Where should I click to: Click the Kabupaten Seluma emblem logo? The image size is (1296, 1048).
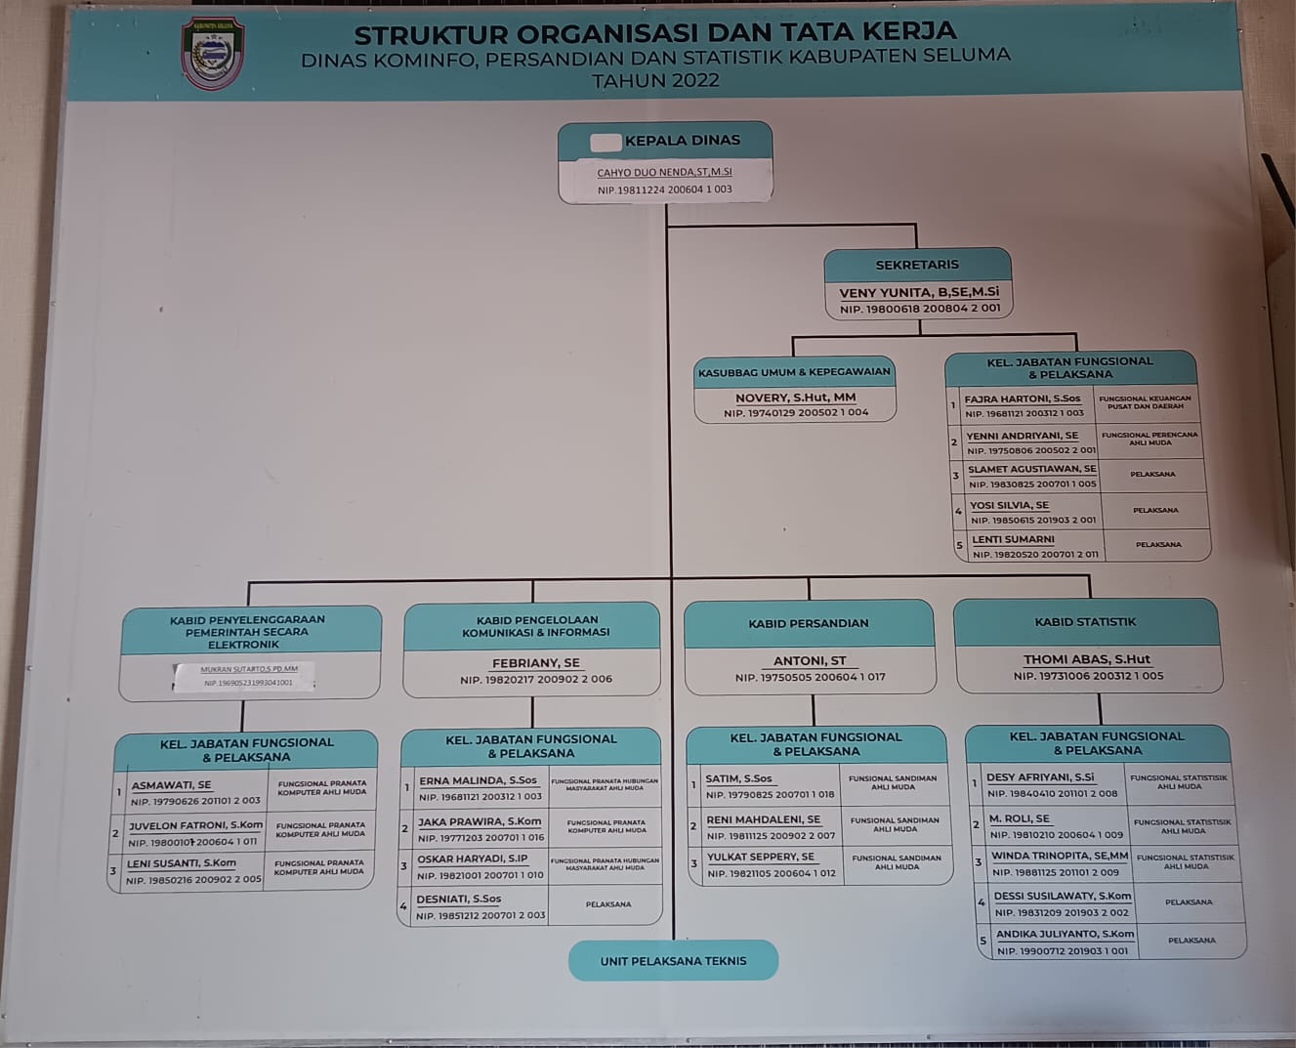click(212, 53)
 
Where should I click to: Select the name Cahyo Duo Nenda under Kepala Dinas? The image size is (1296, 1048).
click(664, 172)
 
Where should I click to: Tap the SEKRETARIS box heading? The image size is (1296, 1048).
click(916, 265)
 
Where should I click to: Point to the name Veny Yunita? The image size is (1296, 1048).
click(918, 292)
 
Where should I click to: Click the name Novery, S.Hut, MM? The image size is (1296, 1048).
click(795, 398)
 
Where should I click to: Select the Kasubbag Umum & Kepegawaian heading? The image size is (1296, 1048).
click(794, 372)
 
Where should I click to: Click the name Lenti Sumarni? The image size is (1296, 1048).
click(1013, 539)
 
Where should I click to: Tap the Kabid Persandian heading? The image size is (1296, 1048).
click(808, 623)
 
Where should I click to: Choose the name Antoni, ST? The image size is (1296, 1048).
click(810, 660)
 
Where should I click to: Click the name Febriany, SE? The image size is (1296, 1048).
click(535, 662)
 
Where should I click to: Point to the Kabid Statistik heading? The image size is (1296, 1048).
click(1085, 622)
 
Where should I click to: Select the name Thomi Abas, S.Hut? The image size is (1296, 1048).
click(1086, 659)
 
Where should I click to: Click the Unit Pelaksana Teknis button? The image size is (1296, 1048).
click(673, 961)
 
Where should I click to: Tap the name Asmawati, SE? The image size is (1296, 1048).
click(171, 784)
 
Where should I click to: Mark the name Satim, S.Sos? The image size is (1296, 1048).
click(738, 778)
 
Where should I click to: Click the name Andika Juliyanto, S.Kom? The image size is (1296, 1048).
click(1065, 934)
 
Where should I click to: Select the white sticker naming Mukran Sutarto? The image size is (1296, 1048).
click(244, 676)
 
